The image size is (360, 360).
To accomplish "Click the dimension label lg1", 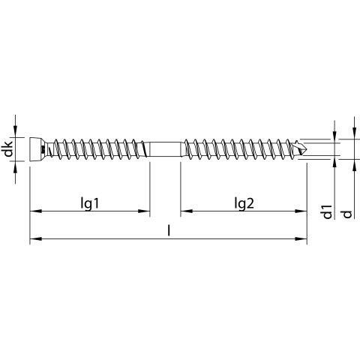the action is [90, 203].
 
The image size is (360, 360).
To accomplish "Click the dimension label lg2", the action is [244, 203].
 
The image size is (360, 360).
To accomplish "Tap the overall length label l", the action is [169, 230].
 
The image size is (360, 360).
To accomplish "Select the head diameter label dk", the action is [8, 149].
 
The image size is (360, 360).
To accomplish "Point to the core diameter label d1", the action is [327, 211].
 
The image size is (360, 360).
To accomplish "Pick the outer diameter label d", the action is [347, 214].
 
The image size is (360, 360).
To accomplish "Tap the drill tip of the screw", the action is [301, 149].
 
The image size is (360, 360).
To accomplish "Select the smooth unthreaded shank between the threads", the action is [165, 149].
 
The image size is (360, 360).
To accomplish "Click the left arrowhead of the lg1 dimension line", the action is [35, 211].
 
